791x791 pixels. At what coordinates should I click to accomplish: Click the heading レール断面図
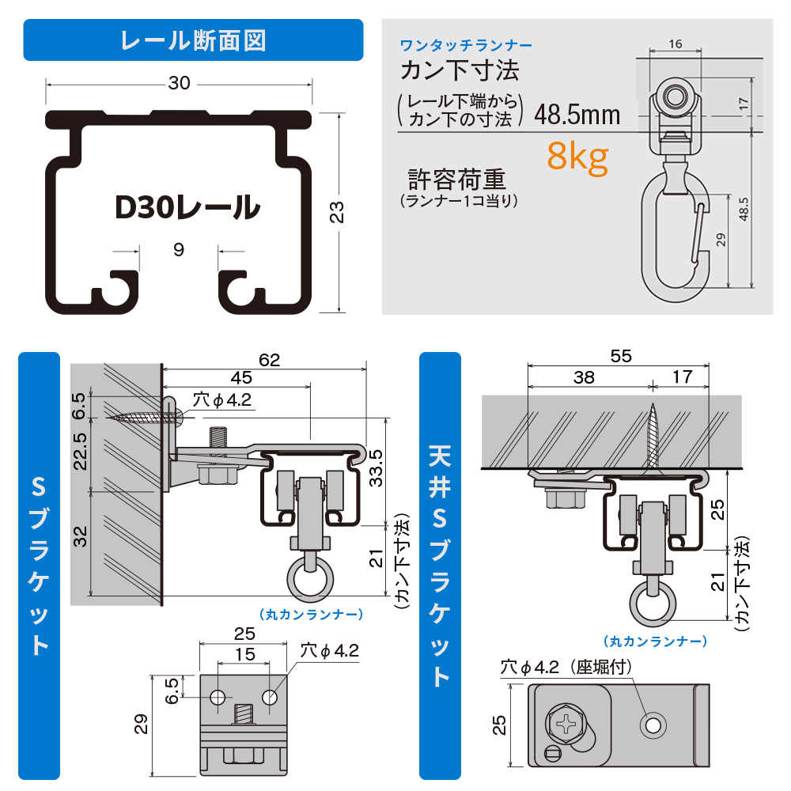pyautogui.click(x=193, y=40)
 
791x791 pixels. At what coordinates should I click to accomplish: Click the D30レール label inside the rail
pyautogui.click(x=187, y=207)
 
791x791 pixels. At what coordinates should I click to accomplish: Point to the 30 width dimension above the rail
pyautogui.click(x=180, y=83)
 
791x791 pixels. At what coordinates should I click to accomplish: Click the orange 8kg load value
pyautogui.click(x=577, y=157)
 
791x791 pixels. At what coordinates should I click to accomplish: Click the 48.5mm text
pyautogui.click(x=577, y=115)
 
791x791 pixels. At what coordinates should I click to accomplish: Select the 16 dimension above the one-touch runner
pyautogui.click(x=675, y=45)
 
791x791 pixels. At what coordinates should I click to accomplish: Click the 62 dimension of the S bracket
pyautogui.click(x=270, y=361)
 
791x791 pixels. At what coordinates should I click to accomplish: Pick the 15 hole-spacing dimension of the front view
pyautogui.click(x=245, y=654)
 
